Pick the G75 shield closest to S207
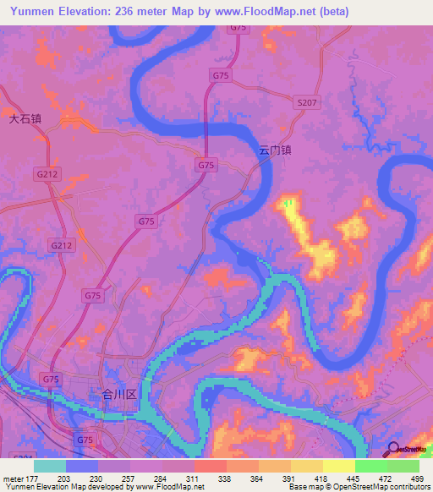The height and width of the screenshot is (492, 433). [x=221, y=75]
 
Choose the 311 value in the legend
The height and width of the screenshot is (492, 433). [x=194, y=478]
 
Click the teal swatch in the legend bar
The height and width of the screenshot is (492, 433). [x=50, y=466]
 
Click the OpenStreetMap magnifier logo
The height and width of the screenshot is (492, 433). [x=394, y=451]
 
